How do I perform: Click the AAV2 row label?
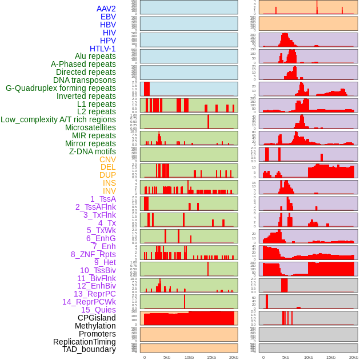(106, 9)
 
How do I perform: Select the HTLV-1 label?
(102, 49)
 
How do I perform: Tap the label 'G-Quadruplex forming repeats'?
(61, 88)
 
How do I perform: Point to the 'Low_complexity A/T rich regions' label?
(58, 119)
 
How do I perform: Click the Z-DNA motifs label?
(93, 151)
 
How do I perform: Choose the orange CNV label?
(107, 159)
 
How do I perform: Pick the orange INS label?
(109, 183)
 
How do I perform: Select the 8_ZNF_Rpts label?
(93, 254)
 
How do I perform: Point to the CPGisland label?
(97, 318)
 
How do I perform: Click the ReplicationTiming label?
(84, 342)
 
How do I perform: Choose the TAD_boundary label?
(89, 349)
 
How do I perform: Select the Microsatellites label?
(90, 127)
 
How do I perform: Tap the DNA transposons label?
(85, 80)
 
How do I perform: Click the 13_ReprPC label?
(94, 294)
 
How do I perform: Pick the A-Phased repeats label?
(83, 64)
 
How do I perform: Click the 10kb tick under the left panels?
(189, 358)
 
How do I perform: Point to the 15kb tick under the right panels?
(330, 358)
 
